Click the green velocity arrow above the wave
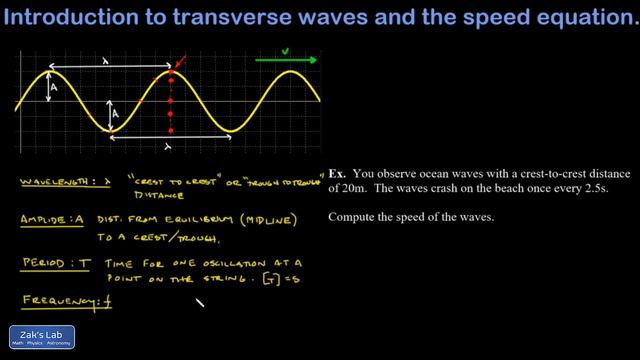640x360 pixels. (288, 61)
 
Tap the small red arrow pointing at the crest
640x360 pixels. (179, 67)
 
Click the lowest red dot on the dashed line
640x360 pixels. (172, 130)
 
